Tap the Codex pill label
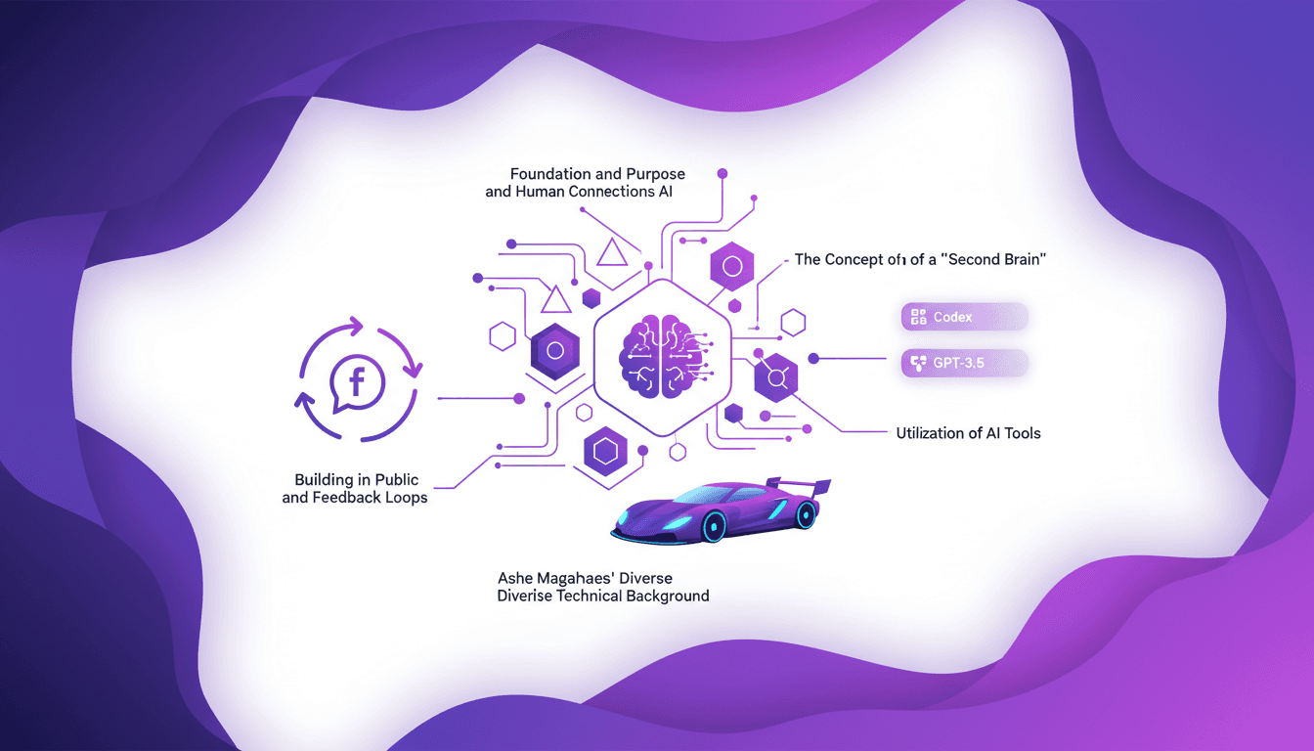[x=964, y=317]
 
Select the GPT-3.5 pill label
[x=964, y=363]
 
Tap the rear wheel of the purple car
[x=806, y=514]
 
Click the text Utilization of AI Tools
[x=968, y=432]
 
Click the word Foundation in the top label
[x=550, y=174]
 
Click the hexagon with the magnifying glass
[x=776, y=376]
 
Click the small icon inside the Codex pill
[x=918, y=317]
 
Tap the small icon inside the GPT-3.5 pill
[x=918, y=363]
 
